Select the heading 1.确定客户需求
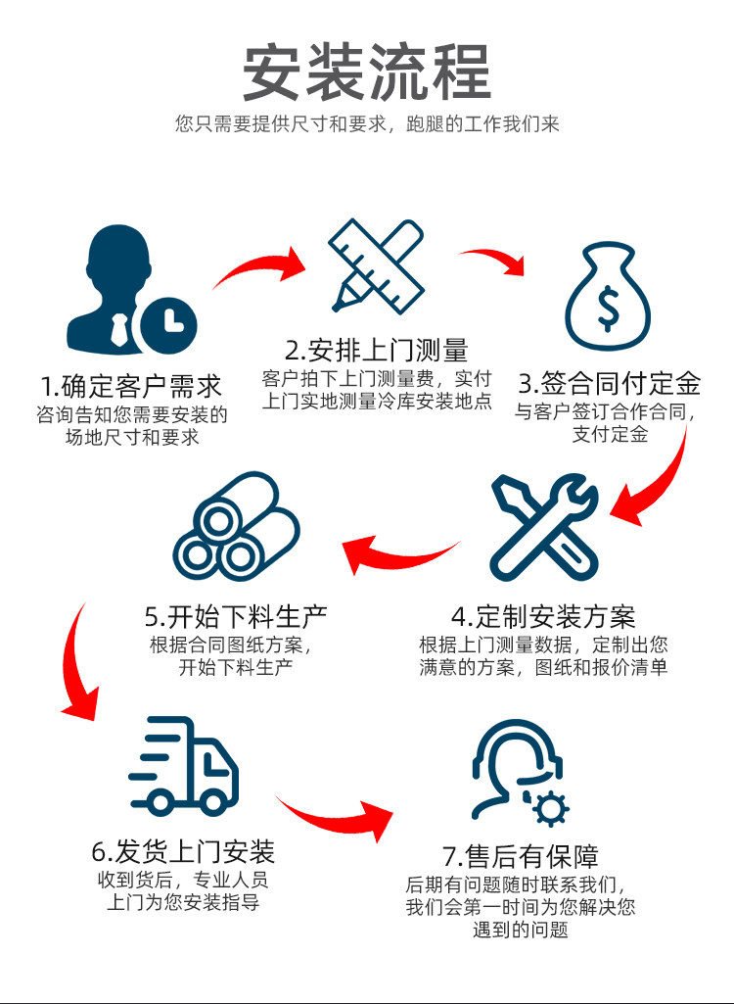pos(131,384)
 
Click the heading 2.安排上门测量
pos(377,350)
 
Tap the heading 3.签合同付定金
pos(610,382)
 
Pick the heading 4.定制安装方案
pos(543,616)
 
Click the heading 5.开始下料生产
pos(236,616)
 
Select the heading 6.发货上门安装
pos(183,849)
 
